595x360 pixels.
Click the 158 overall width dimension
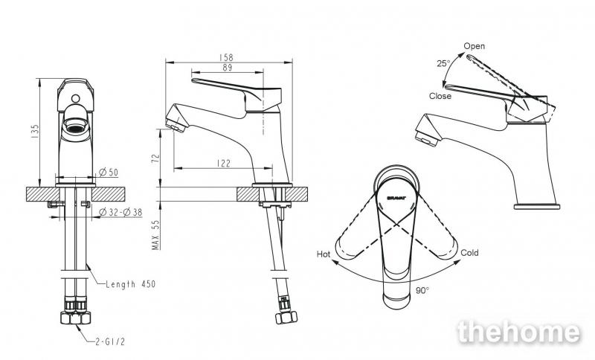tap(226, 57)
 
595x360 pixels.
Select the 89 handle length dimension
tap(228, 68)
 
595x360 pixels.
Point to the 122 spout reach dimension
tap(224, 164)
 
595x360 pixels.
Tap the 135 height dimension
tap(35, 131)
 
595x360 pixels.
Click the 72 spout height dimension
tap(155, 158)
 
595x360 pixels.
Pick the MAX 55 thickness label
tap(155, 235)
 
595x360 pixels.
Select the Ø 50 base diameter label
tap(109, 173)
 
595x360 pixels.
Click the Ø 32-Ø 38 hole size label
tap(120, 213)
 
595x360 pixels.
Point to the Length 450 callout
tap(131, 283)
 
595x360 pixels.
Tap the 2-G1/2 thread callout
tap(109, 341)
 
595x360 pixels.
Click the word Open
tap(475, 46)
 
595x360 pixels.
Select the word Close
tap(440, 96)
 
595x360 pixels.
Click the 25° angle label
tap(443, 63)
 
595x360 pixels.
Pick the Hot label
tap(324, 254)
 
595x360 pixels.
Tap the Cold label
tap(469, 253)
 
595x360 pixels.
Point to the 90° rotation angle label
tap(422, 291)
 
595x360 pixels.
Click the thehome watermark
tap(519, 332)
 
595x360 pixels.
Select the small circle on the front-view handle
tap(76, 99)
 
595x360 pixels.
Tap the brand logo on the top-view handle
tap(396, 198)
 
